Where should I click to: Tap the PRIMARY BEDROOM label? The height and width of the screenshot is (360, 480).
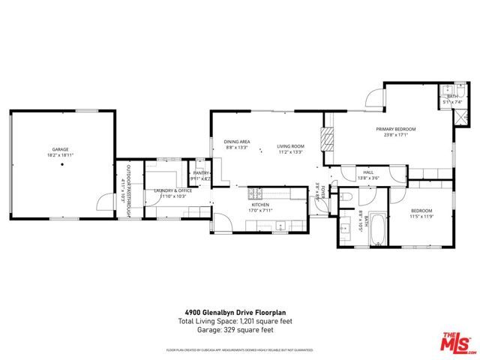click(x=395, y=129)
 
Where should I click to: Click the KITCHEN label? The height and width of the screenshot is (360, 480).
click(x=259, y=204)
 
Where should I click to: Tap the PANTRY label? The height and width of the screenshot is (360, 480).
click(x=201, y=173)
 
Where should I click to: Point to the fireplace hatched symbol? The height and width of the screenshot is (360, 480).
click(x=325, y=139)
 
